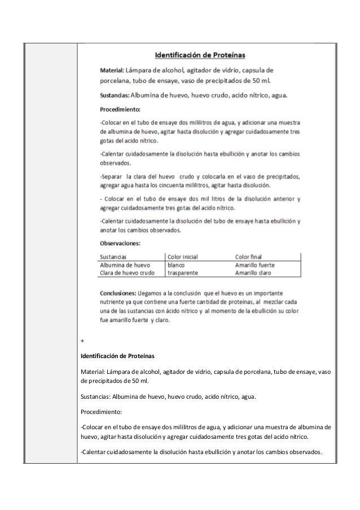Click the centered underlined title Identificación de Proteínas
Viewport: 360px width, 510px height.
tap(204, 55)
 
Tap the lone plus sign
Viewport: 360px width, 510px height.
tap(82, 341)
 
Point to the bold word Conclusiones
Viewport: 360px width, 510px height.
tap(117, 293)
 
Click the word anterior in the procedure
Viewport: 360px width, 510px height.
tap(279, 198)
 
